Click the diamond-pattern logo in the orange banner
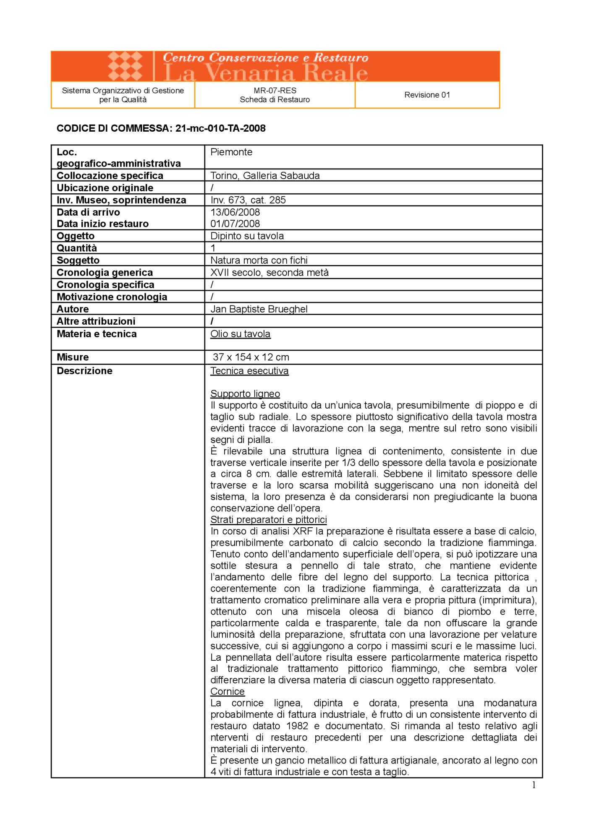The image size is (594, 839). [x=125, y=66]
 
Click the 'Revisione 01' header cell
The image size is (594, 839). [x=427, y=95]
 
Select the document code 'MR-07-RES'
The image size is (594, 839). [x=275, y=90]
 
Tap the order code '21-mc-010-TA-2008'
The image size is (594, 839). [x=220, y=128]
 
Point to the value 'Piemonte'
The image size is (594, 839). [x=231, y=152]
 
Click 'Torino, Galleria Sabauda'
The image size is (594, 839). [x=265, y=175]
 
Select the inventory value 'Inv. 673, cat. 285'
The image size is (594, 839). [x=248, y=200]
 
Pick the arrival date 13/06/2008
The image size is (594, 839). [x=235, y=212]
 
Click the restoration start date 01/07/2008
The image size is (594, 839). [x=235, y=224]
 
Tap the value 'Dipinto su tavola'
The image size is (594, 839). [x=247, y=236]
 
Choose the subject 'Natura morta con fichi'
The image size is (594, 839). [x=259, y=260]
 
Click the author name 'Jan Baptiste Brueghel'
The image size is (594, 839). [x=259, y=309]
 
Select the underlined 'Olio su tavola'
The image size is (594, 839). [x=241, y=334]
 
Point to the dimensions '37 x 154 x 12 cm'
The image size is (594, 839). [x=251, y=357]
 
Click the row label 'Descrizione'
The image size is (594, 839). [x=84, y=371]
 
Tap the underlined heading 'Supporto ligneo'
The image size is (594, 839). [x=245, y=393]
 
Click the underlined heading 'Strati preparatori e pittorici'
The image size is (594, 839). [x=269, y=519]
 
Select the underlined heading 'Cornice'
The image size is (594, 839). [x=228, y=691]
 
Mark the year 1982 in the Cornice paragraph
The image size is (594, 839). [x=297, y=726]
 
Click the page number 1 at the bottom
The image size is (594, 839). [x=534, y=785]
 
